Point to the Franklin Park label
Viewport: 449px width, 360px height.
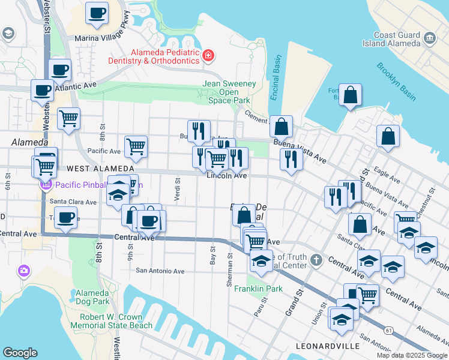coord(266,289)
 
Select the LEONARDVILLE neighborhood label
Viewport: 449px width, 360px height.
coord(328,346)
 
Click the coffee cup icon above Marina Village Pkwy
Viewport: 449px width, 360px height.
coord(97,12)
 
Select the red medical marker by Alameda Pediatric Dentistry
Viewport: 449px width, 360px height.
coord(208,56)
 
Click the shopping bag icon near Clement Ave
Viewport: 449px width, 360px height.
coord(281,127)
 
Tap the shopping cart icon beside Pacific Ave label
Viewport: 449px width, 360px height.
coord(136,146)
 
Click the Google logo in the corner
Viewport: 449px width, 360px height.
coord(20,353)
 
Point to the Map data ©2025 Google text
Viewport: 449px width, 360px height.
coord(412,355)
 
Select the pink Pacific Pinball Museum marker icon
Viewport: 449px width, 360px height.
coord(43,185)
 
